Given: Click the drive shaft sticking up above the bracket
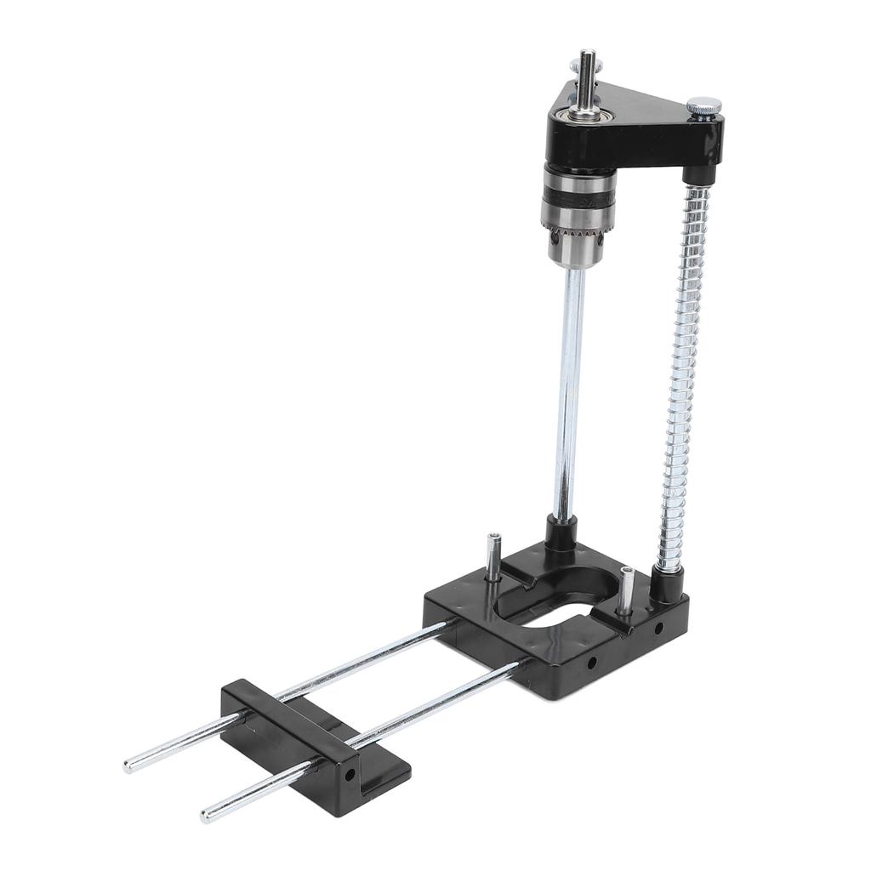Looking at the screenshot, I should (x=587, y=72).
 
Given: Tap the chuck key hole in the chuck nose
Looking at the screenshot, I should (x=597, y=248).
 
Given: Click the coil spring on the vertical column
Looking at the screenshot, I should (x=685, y=374).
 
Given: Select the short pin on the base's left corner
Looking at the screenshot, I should (x=493, y=557).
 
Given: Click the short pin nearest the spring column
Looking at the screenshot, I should (x=626, y=589).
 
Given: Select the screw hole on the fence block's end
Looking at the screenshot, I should (x=349, y=776).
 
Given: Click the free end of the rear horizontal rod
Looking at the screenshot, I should (x=129, y=766).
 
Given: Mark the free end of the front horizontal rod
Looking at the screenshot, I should (x=207, y=817).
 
